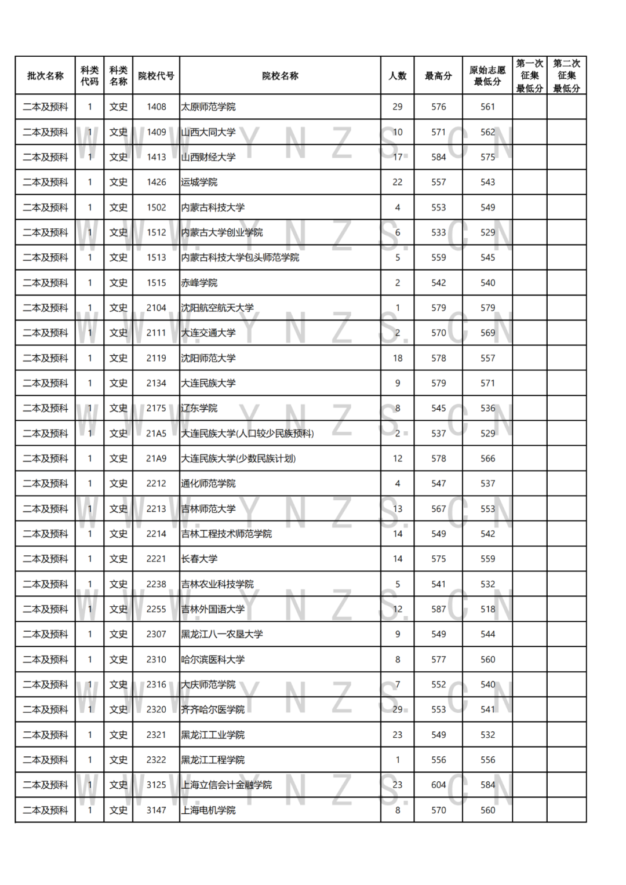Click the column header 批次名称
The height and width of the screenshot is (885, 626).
pos(45,76)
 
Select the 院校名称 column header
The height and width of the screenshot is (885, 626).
pos(280,76)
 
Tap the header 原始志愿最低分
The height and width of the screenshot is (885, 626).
pos(487,76)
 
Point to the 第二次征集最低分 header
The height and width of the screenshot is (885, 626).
pos(566,76)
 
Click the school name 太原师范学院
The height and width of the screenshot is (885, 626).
pos(209,107)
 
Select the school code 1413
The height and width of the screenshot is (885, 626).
pos(156,157)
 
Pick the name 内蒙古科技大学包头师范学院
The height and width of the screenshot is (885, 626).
pos(240,257)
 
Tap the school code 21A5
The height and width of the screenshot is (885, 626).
pos(156,434)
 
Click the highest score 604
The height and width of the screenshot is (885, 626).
pos(438,785)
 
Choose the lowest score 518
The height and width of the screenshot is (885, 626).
pos(487,609)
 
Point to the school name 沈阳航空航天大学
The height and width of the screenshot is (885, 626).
pos(217,308)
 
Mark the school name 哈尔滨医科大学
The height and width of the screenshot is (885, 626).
pos(213,660)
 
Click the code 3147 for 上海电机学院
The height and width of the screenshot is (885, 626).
pos(156,810)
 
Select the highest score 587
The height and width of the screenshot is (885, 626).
pos(438,609)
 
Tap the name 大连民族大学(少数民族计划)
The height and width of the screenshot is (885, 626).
pos(238,458)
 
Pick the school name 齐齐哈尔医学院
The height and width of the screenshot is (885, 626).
pos(213,709)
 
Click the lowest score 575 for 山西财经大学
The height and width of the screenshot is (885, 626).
pos(487,157)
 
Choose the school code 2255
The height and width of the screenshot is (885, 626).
pos(156,609)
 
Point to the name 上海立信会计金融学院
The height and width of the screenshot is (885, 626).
pos(227,785)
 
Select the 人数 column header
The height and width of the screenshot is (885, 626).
pos(398,76)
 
